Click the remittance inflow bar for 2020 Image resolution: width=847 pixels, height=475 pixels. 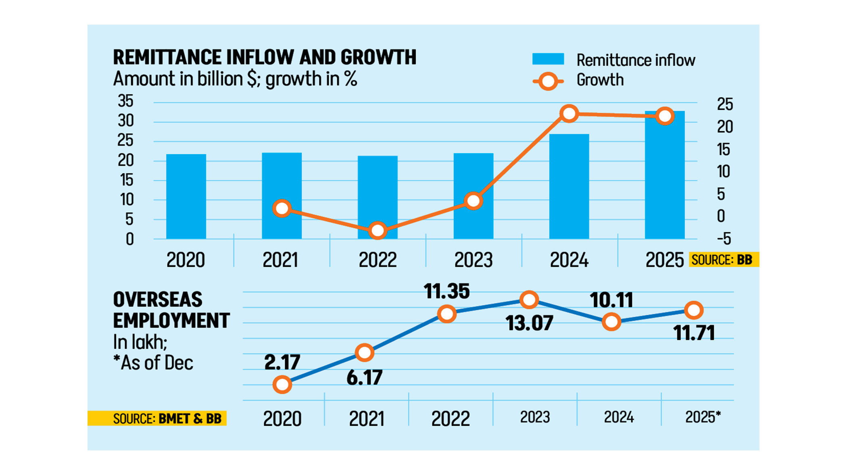click(186, 197)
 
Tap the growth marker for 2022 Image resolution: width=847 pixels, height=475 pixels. click(378, 231)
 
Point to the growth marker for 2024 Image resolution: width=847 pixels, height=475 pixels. click(569, 114)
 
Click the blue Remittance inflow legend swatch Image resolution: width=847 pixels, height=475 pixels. click(548, 59)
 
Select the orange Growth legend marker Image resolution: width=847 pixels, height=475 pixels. click(548, 81)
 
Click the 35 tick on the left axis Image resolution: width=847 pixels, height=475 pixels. click(125, 101)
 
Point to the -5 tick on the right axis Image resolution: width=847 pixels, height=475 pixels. click(724, 239)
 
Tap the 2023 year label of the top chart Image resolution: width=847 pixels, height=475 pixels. click(473, 260)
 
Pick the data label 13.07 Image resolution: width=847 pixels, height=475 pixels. click(529, 323)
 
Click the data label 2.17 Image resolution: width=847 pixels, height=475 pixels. click(282, 362)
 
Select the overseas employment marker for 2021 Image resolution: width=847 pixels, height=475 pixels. click(365, 353)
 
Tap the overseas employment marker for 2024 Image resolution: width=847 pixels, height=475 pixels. click(611, 322)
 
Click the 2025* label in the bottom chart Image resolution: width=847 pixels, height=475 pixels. click(703, 417)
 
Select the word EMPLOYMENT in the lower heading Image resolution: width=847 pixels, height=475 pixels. click(171, 321)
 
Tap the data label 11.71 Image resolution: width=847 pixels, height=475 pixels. click(694, 333)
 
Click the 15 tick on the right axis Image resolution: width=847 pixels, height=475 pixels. click(724, 150)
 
